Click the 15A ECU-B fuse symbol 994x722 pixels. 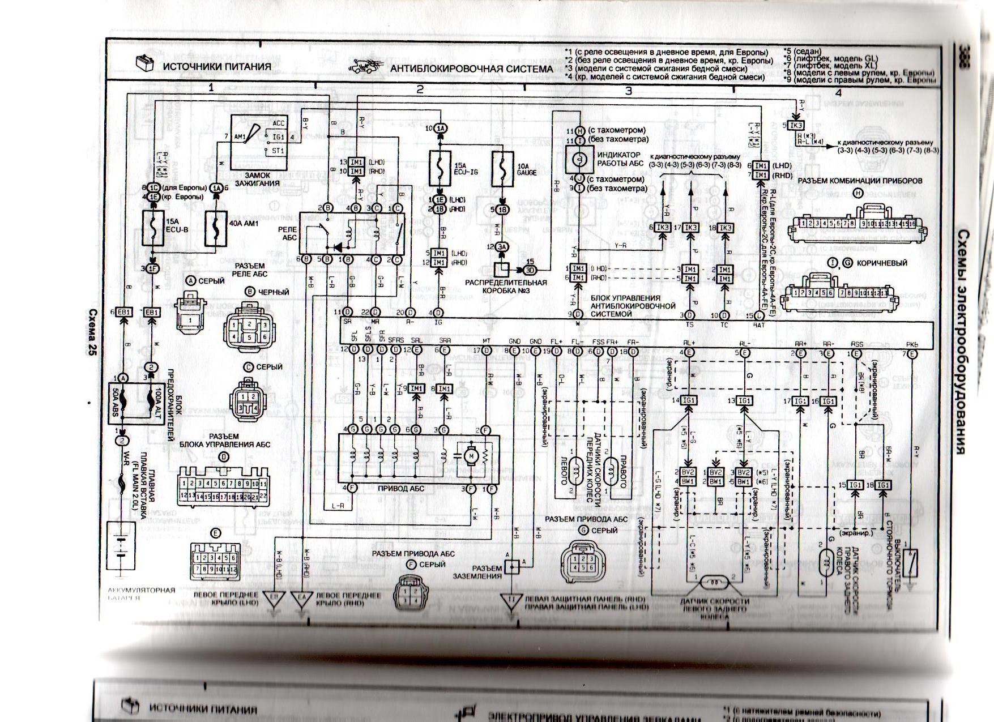tap(153, 229)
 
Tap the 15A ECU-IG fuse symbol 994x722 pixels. tap(441, 168)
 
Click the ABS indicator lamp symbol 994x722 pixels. tap(579, 160)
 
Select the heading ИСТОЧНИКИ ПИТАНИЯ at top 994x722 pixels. tap(217, 66)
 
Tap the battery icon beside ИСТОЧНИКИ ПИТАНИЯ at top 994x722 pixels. tap(144, 63)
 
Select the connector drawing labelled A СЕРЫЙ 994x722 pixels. tap(191, 316)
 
